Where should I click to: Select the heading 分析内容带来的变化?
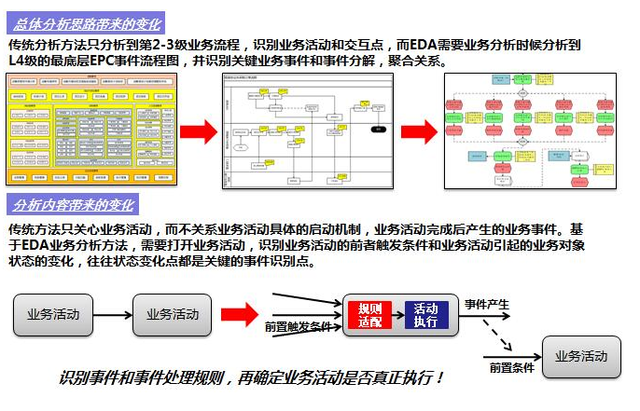click(75, 205)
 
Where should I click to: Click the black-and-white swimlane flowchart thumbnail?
click(303, 130)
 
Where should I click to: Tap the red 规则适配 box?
click(369, 315)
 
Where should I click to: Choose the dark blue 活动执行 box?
click(426, 315)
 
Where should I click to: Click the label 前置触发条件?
click(298, 326)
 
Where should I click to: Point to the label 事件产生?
click(487, 304)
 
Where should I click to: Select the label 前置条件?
click(511, 368)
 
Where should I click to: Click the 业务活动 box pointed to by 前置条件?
click(581, 356)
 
